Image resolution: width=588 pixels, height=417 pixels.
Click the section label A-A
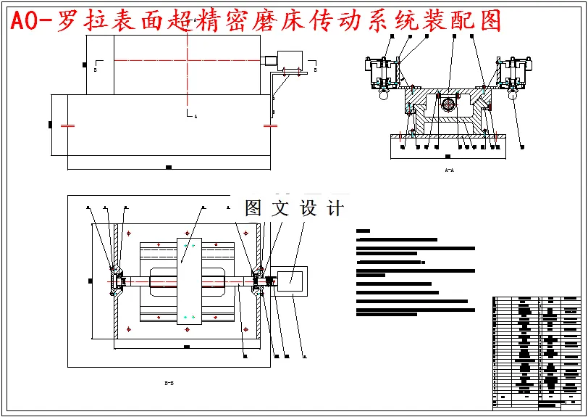tap(449, 170)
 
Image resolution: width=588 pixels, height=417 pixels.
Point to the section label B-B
tap(168, 382)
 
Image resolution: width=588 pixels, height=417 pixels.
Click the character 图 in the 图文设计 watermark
tap(253, 208)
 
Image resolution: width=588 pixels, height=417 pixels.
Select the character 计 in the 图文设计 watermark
tap(335, 208)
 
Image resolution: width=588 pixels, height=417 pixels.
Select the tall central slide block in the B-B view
tap(188, 279)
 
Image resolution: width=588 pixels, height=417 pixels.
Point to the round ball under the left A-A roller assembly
tap(384, 93)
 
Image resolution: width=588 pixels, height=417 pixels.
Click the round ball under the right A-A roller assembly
tap(513, 93)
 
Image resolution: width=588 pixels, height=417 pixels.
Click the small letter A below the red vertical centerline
tap(196, 116)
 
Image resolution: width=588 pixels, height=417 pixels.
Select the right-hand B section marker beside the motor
tap(315, 71)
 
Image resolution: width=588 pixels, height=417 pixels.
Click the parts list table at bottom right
tap(537, 348)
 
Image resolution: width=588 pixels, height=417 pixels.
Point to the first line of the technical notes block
tap(398, 239)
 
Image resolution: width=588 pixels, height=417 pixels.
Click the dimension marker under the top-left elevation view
tap(168, 168)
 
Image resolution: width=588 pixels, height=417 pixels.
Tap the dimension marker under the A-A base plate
tap(448, 156)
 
